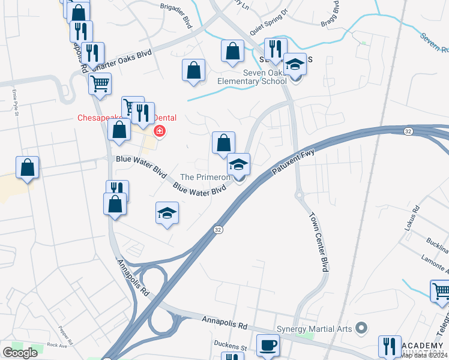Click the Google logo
click(20, 353)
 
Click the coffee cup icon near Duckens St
click(268, 344)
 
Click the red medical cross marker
click(160, 131)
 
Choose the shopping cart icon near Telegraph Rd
click(441, 291)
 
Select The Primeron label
click(206, 178)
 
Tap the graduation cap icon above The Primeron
click(238, 164)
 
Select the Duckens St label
click(231, 347)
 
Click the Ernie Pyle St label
click(13, 100)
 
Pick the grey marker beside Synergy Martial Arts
click(360, 328)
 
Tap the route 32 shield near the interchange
click(217, 229)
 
